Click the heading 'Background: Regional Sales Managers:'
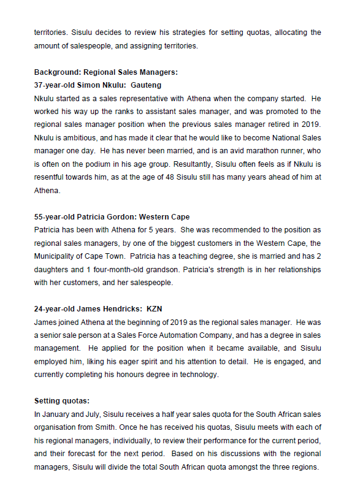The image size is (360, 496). coord(105,72)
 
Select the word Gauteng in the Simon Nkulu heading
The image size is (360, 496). coord(146,85)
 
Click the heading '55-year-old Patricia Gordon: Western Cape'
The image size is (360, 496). coord(112,216)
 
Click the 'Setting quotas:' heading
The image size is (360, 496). coord(61,401)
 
